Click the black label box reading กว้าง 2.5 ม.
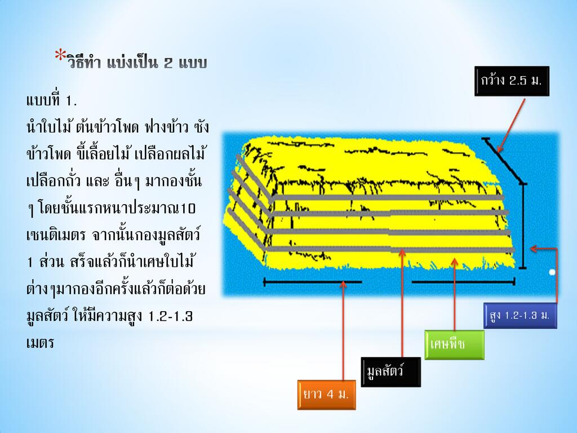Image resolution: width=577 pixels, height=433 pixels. point(512,81)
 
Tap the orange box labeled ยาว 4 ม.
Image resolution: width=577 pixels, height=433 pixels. point(326,395)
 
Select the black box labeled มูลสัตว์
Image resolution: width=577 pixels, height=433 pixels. point(391,372)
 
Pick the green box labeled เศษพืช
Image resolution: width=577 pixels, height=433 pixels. point(455,345)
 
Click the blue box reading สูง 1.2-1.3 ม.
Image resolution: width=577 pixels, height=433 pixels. point(520,316)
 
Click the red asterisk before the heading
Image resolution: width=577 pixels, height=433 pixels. point(60,55)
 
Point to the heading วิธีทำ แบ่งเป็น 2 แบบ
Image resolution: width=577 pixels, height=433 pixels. point(137,63)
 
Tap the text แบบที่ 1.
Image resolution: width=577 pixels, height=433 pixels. point(51,100)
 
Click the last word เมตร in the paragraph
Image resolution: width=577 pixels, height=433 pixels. point(41,343)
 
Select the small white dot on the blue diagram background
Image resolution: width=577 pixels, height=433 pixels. point(552,272)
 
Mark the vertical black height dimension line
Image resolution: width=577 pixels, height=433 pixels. point(523,226)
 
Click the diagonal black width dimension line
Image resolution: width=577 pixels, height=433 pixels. point(503,160)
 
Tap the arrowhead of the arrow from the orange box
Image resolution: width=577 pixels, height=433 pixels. point(343,284)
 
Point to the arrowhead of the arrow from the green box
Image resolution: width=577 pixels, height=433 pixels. point(455,262)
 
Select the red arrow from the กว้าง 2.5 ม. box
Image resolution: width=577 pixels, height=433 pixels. point(511,125)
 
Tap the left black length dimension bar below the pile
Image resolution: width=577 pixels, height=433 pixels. point(313,282)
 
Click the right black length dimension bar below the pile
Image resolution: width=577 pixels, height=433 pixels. point(463,282)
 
